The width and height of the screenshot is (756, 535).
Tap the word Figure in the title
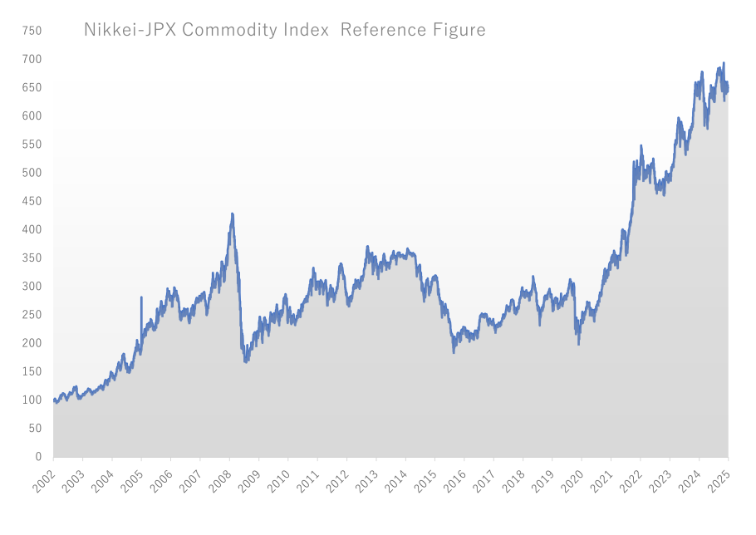(458, 31)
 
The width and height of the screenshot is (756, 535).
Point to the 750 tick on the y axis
(32, 31)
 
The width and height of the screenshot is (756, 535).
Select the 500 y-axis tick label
(32, 173)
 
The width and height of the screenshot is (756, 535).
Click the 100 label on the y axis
(32, 400)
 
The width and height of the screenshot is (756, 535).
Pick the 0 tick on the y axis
(37, 457)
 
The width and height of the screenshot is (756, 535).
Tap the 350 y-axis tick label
(32, 258)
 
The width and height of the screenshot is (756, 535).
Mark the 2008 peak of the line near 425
(232, 214)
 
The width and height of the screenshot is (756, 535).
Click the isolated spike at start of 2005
(141, 297)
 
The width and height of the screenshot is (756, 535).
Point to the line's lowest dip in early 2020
(578, 343)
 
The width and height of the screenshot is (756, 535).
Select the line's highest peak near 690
(724, 63)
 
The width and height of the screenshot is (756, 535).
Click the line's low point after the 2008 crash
(245, 361)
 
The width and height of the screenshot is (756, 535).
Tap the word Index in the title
(310, 31)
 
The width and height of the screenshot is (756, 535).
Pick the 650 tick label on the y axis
(32, 87)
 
